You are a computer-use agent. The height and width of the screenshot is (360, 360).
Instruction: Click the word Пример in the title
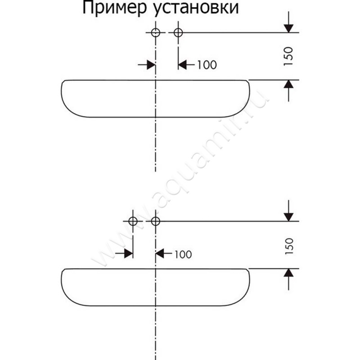coord(114,9)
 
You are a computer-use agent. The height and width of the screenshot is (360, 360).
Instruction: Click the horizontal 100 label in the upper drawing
coord(207,65)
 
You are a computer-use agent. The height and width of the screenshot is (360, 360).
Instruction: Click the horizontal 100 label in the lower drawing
coord(183,254)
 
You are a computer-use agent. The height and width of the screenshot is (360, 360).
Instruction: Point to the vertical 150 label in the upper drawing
coord(288,56)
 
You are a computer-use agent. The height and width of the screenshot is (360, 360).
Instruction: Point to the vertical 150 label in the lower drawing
coord(289,246)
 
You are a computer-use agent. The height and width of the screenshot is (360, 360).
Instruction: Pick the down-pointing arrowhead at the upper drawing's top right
coord(288,28)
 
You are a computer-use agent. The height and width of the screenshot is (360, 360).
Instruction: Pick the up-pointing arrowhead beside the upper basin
coord(288,84)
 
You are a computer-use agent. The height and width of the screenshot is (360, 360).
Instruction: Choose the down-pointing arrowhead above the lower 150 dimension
coord(288,217)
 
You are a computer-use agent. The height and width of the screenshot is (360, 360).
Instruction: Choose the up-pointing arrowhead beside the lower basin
coord(288,273)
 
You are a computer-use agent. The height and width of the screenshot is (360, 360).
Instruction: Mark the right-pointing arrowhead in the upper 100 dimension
coord(151,65)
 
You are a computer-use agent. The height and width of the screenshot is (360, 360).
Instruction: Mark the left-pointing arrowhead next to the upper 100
coord(183,65)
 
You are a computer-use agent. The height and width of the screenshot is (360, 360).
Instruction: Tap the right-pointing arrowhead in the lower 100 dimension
coord(129,254)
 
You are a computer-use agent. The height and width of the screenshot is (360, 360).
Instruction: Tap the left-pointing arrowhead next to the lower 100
coord(160,254)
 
